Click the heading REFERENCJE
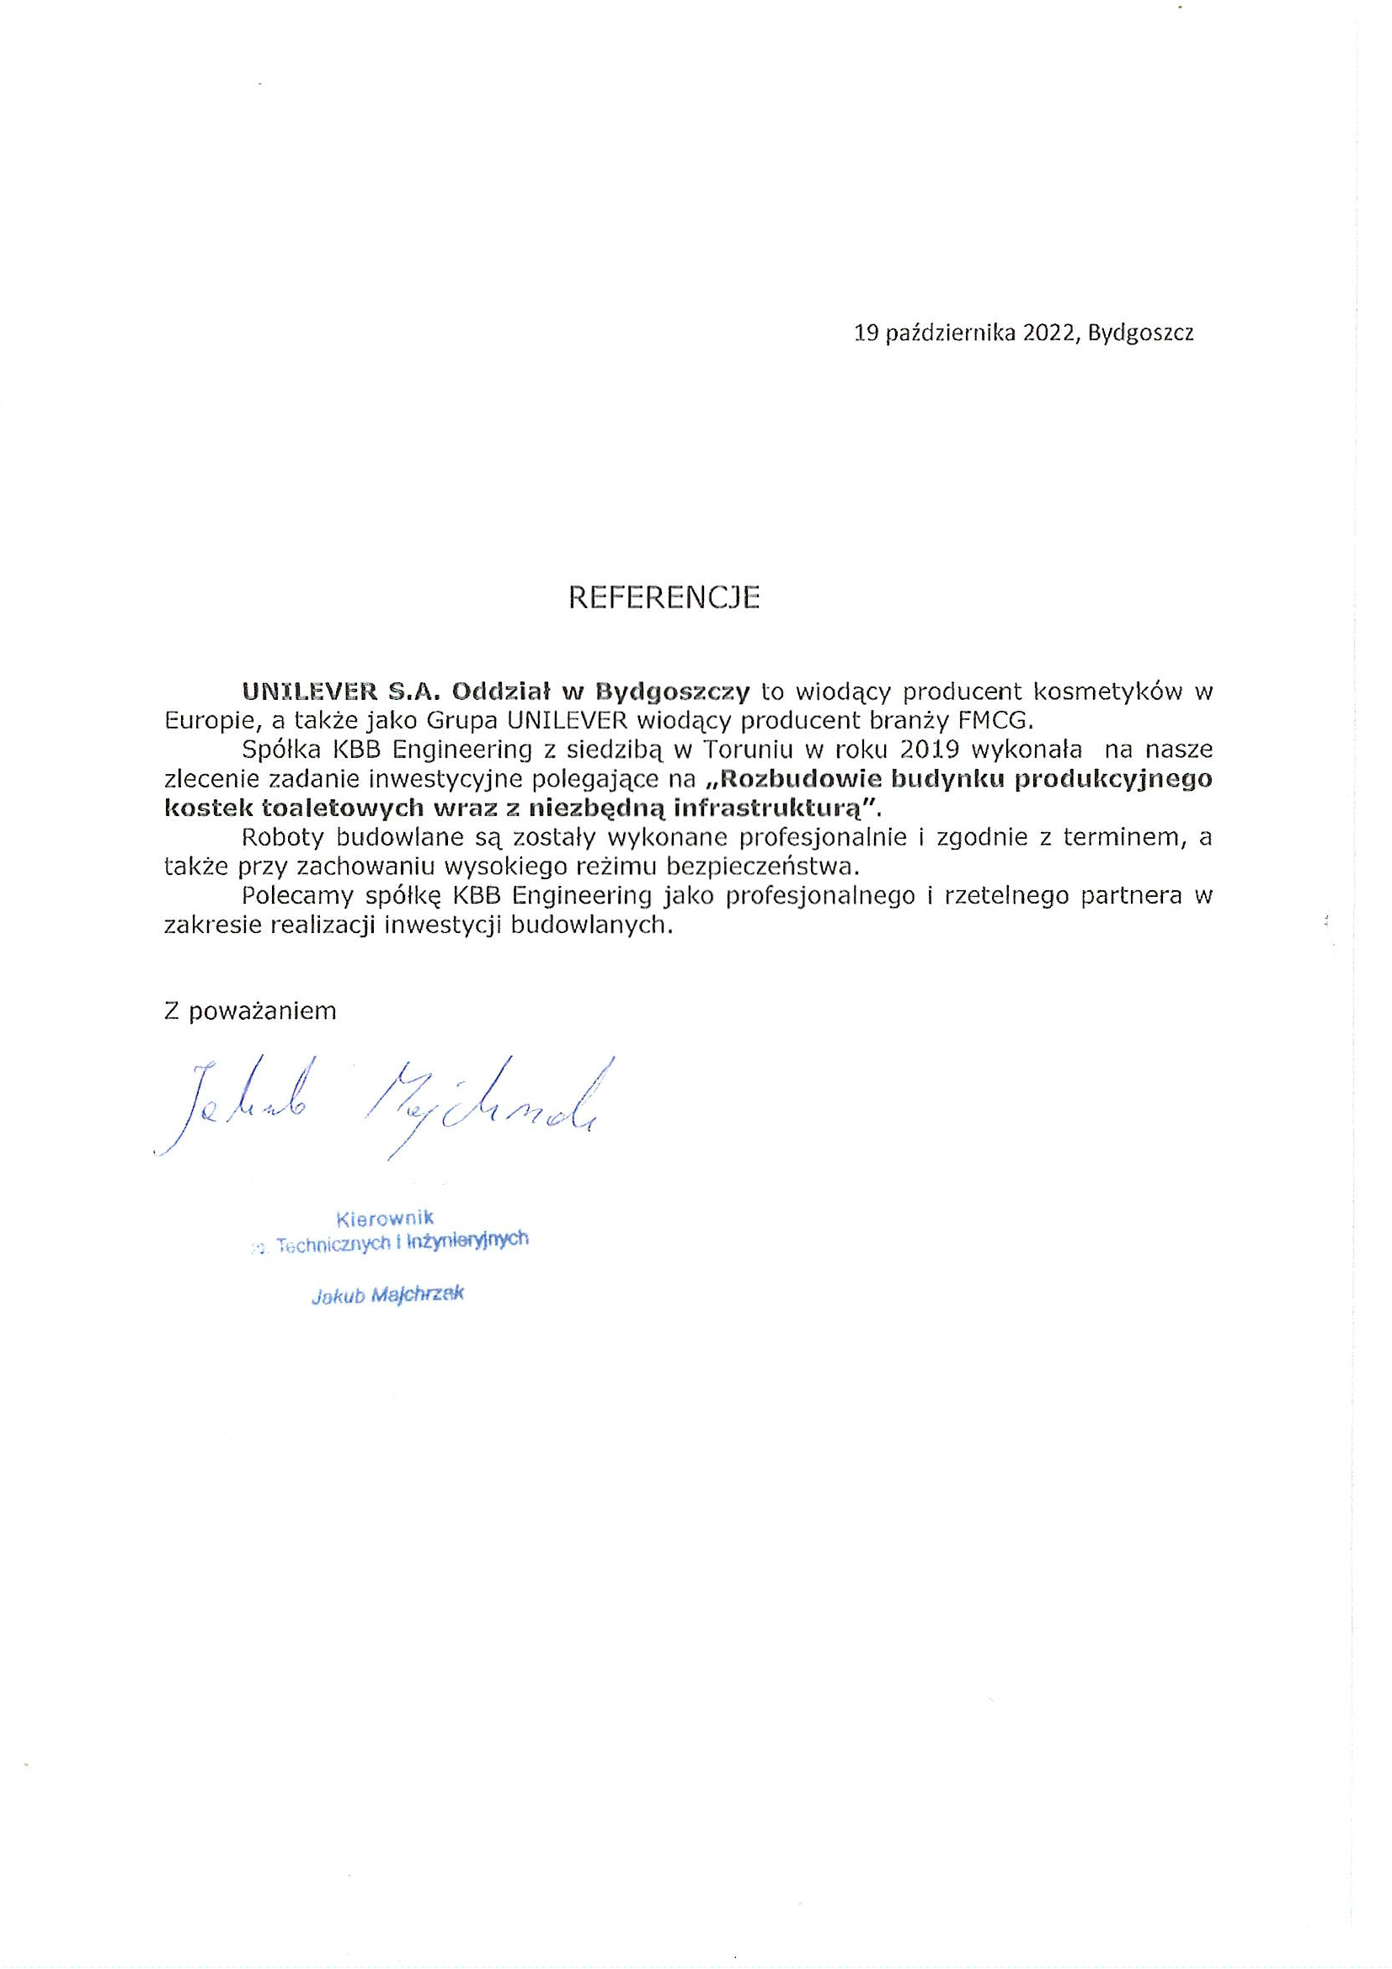(664, 598)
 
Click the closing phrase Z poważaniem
(249, 1011)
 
